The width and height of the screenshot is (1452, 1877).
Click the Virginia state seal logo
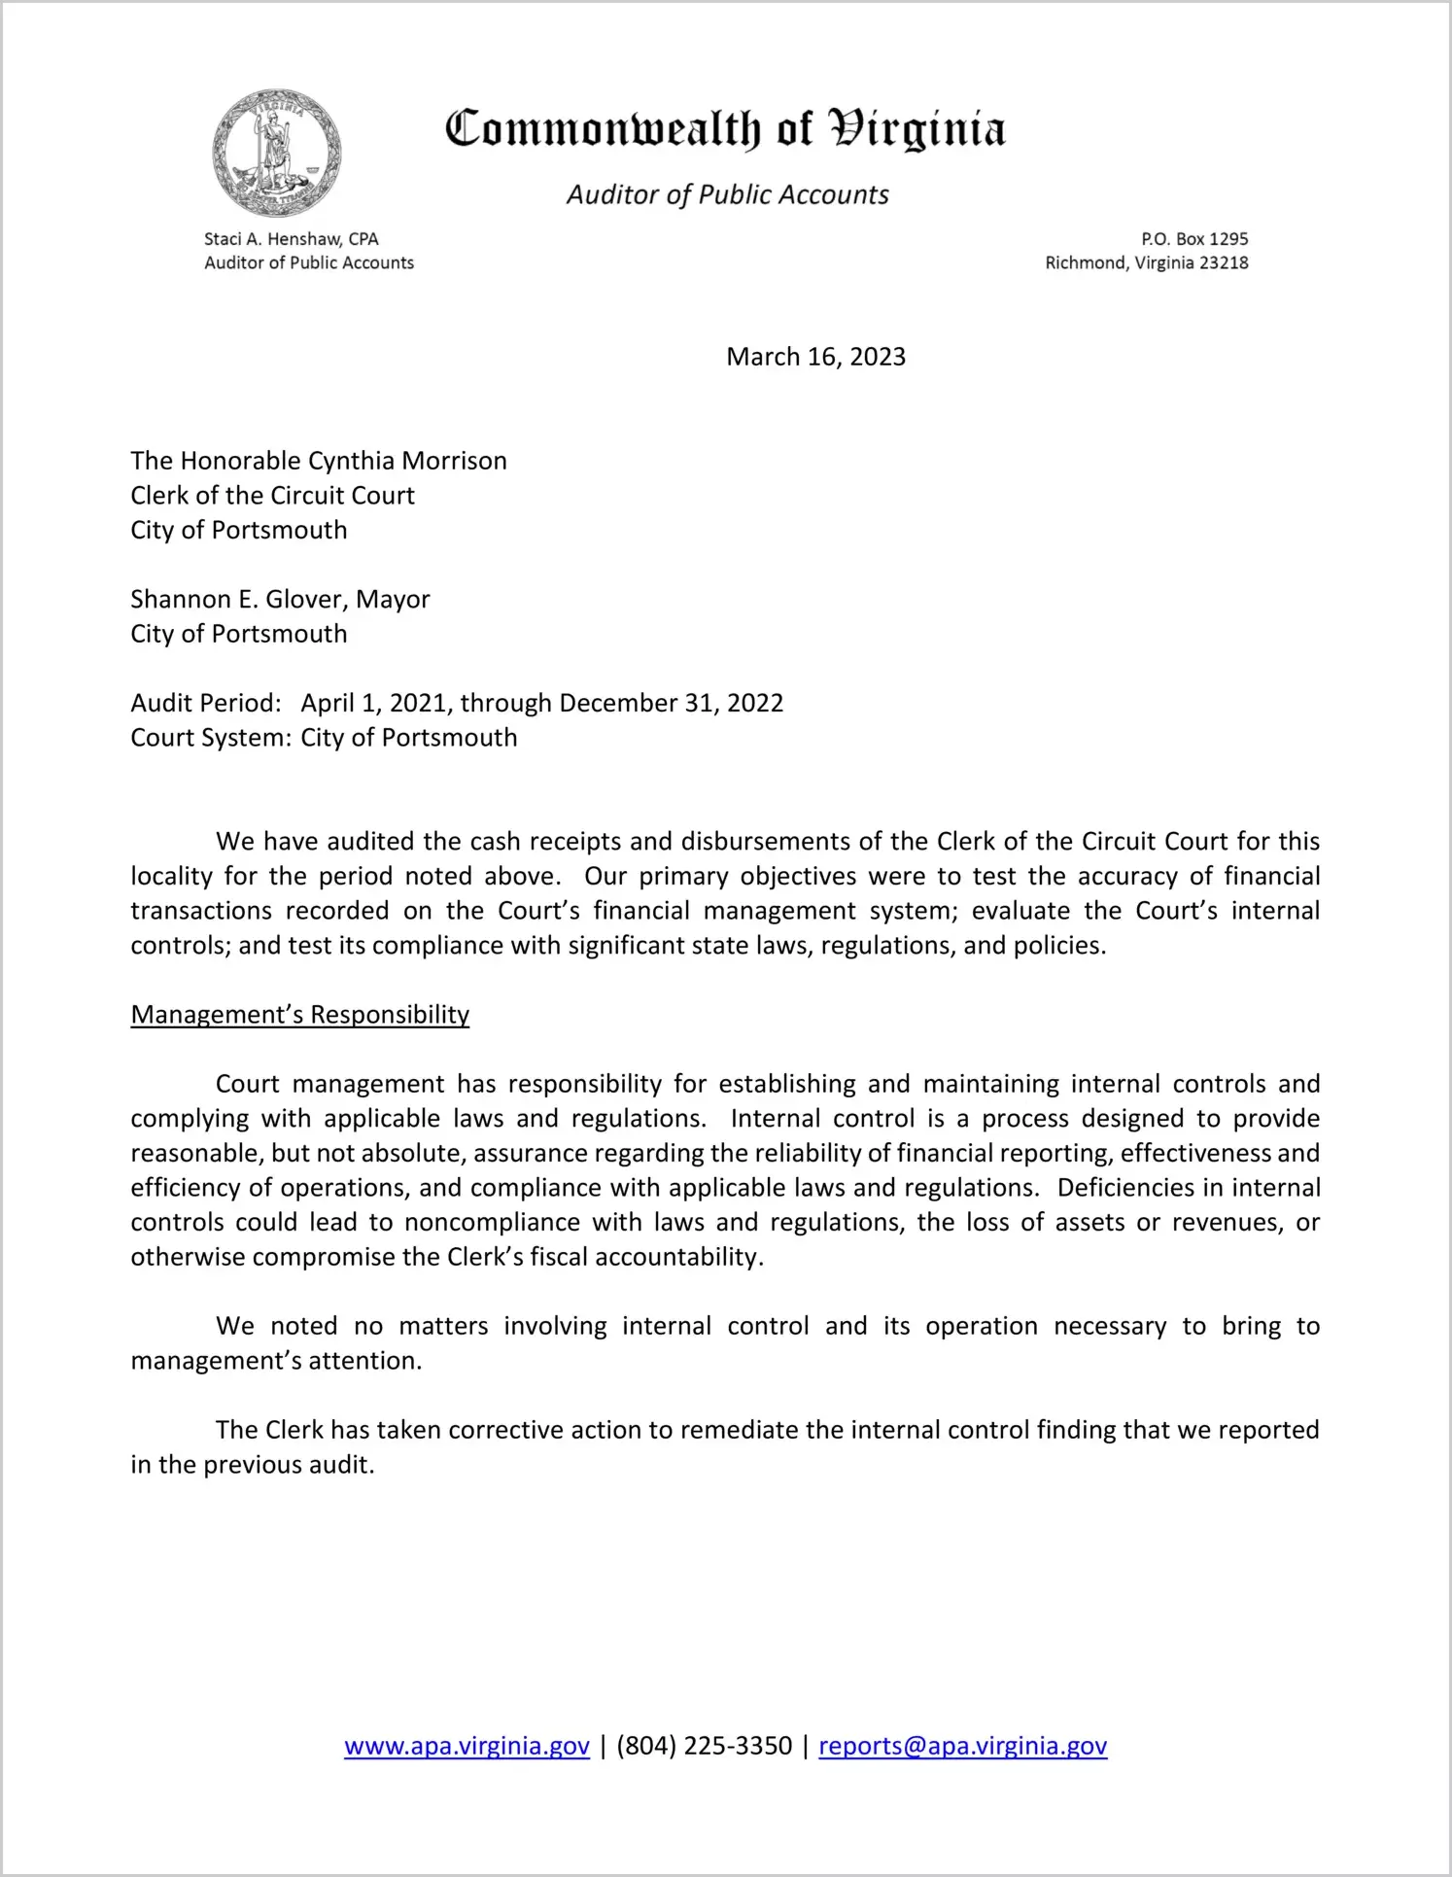click(277, 153)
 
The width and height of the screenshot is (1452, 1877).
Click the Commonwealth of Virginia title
click(725, 129)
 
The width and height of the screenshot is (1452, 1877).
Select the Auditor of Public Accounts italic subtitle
click(727, 195)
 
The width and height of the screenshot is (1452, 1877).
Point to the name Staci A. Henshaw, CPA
click(291, 239)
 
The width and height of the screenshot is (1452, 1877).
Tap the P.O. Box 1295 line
click(1194, 239)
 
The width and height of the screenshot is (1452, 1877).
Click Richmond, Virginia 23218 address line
click(1146, 263)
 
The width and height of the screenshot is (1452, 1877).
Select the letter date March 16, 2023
click(815, 357)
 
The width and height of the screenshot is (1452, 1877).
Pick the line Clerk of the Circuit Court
click(272, 496)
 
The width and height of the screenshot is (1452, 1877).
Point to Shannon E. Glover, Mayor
click(280, 599)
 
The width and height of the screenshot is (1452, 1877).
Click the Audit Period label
click(206, 703)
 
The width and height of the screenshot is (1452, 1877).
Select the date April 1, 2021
click(374, 703)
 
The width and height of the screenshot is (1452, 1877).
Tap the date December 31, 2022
click(672, 703)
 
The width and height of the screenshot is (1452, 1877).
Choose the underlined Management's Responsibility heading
click(299, 1015)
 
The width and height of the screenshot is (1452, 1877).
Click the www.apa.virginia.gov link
click(467, 1746)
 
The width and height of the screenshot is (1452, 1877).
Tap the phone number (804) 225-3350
click(704, 1746)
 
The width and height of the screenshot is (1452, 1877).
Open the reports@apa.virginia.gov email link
click(962, 1746)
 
